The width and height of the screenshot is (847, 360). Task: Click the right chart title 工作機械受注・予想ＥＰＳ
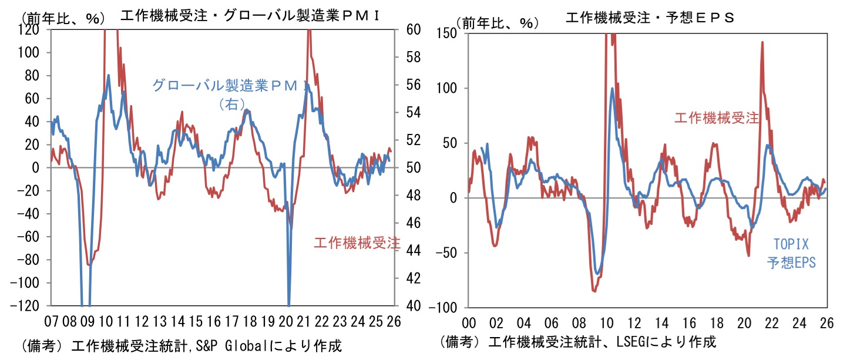pos(650,18)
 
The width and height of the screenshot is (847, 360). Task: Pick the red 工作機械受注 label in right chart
pos(717,119)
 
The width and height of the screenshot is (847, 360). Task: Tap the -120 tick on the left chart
pos(31,306)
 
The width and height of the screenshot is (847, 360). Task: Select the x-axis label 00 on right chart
pos(469,322)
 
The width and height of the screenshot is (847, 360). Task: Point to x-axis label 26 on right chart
pos(826,322)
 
